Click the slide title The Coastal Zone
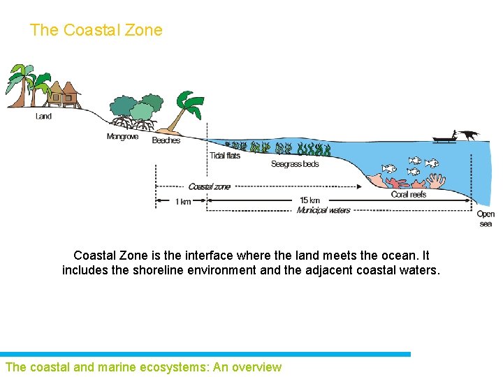click(x=96, y=30)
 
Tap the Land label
click(x=43, y=116)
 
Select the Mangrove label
click(x=122, y=137)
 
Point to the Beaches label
click(x=166, y=140)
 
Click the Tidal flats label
click(x=225, y=156)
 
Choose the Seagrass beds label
click(x=295, y=164)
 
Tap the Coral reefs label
click(x=409, y=194)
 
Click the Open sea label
click(x=486, y=219)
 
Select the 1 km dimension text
click(x=183, y=202)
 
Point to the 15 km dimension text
click(x=309, y=201)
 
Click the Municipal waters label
click(x=323, y=210)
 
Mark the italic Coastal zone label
click(x=209, y=186)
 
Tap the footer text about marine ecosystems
click(x=143, y=367)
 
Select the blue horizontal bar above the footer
click(x=205, y=355)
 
